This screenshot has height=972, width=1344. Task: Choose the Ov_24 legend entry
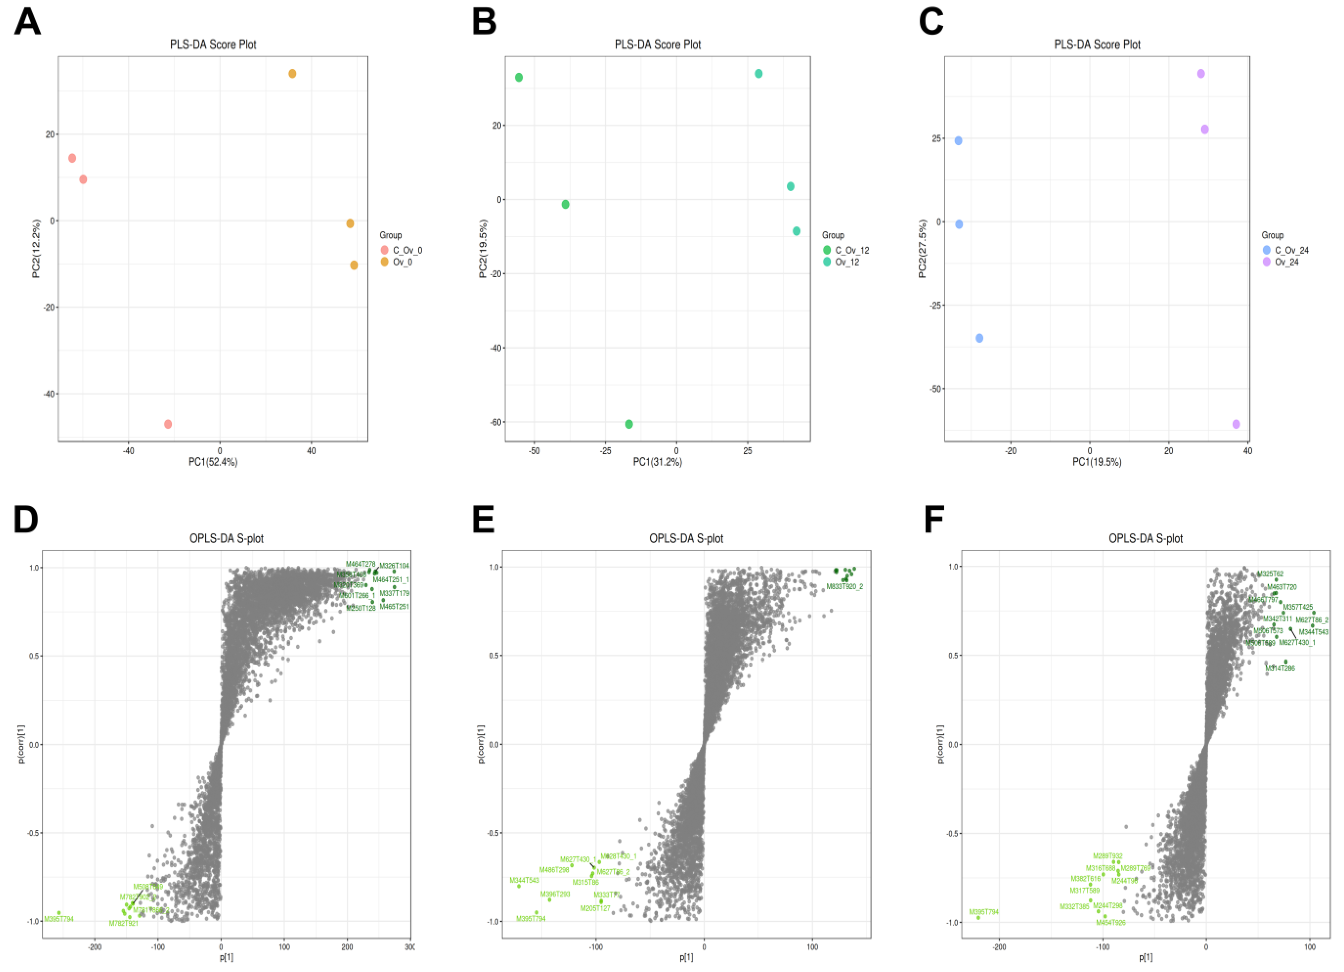[1287, 262]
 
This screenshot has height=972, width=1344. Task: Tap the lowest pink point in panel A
[168, 424]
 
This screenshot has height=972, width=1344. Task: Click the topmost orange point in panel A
[292, 74]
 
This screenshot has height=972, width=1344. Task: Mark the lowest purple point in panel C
[1236, 424]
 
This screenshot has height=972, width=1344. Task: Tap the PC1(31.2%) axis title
[657, 462]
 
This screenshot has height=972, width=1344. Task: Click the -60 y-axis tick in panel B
[495, 422]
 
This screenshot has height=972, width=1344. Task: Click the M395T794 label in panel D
[59, 919]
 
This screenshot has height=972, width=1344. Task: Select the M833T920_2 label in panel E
[844, 587]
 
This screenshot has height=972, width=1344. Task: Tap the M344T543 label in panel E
[524, 880]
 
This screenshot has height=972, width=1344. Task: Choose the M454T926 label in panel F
[1110, 923]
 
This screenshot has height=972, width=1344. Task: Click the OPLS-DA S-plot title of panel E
[686, 539]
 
